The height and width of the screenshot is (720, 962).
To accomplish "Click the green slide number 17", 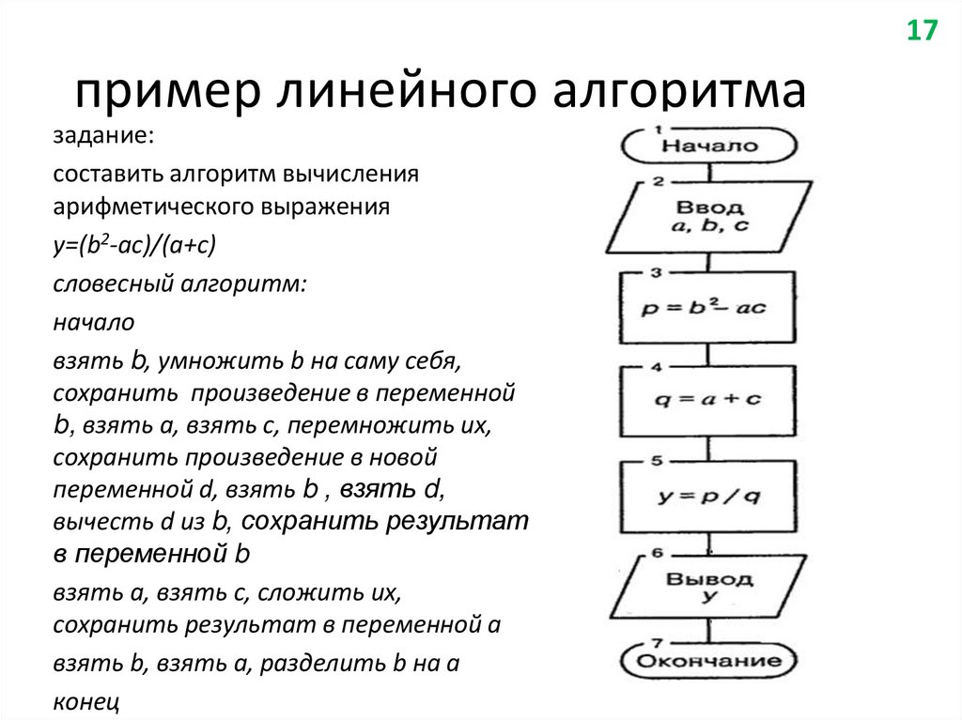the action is (x=922, y=30).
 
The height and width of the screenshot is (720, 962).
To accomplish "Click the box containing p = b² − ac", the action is (x=707, y=308).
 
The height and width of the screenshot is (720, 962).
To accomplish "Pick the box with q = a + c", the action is (x=708, y=400).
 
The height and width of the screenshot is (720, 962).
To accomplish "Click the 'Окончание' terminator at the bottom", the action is (x=709, y=661).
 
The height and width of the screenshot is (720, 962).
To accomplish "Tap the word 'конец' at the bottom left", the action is (x=85, y=700).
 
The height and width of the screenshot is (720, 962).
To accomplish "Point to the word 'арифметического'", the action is (x=136, y=207).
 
